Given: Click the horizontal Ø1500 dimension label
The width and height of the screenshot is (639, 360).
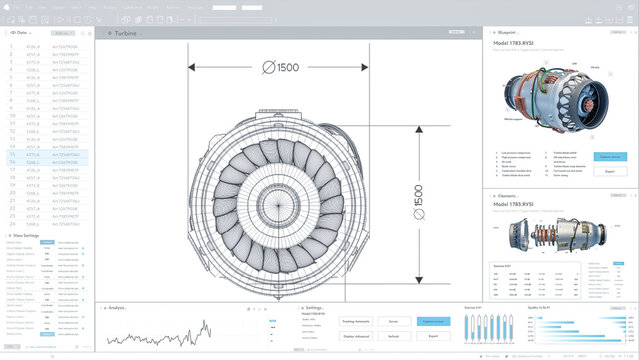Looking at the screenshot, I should click(x=281, y=68).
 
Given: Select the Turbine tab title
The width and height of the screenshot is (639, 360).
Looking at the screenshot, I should click(x=125, y=33).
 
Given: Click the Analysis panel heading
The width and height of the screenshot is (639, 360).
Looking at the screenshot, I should click(x=116, y=308).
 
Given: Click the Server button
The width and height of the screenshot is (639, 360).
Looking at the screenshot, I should click(x=393, y=321).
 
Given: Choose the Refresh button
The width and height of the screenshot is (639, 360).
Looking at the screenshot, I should click(x=393, y=337).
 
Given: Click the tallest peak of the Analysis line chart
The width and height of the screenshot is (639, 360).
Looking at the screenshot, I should click(x=207, y=322).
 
